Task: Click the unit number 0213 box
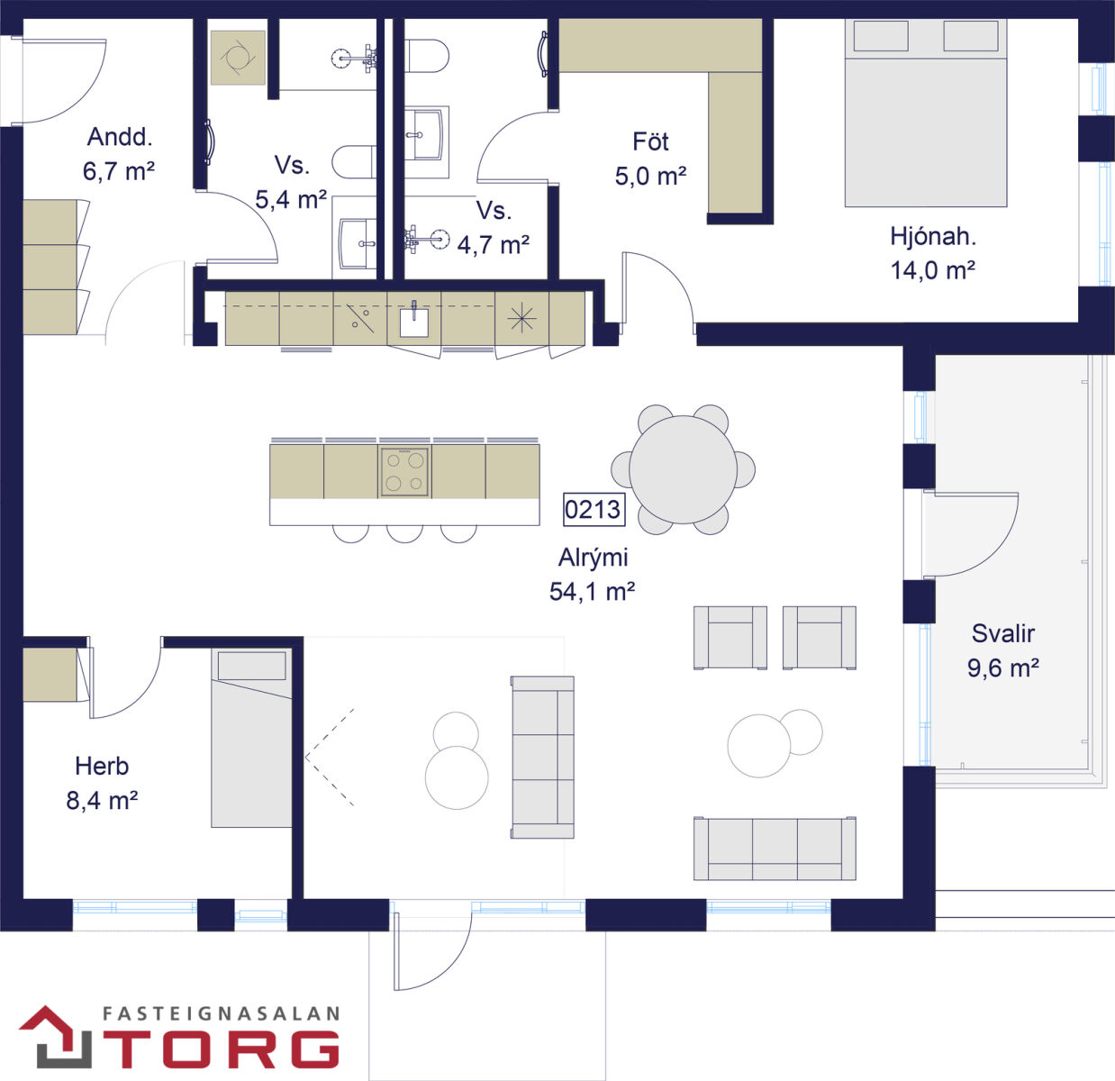[x=594, y=510]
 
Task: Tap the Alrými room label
[x=593, y=558]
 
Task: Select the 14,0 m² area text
[x=933, y=270]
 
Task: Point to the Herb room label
[x=102, y=767]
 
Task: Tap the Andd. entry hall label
[x=120, y=137]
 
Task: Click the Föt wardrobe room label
[x=650, y=141]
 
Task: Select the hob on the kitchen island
[x=404, y=472]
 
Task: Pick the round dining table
[x=683, y=469]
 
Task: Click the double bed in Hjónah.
[x=926, y=113]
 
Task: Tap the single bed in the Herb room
[x=251, y=739]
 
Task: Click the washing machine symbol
[x=238, y=58]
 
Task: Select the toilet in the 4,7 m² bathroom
[x=426, y=56]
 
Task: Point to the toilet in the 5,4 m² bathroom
[x=354, y=162]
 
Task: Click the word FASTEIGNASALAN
[x=222, y=1013]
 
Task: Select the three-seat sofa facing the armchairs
[x=775, y=849]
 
